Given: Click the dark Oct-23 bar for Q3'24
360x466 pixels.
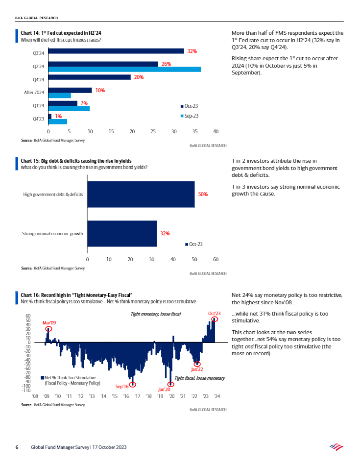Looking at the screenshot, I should pos(116,51).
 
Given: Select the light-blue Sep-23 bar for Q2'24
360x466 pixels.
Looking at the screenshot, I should pos(124,70).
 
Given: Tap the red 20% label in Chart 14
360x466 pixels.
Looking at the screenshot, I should pos(138,77).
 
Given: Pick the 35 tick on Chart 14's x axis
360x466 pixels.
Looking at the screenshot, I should pos(174,131).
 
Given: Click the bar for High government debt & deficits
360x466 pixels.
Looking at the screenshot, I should pos(141,194).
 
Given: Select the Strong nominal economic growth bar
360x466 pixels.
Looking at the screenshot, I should pos(121,234).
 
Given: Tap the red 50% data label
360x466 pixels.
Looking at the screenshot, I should pos(203,195).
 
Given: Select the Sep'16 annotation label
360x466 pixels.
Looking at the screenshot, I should pos(122,387).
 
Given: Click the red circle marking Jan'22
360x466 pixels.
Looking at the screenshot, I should pos(197,364).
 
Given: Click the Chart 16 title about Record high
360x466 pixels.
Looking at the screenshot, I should pos(76,295).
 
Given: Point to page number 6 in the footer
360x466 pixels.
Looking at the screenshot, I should pos(17,447).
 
